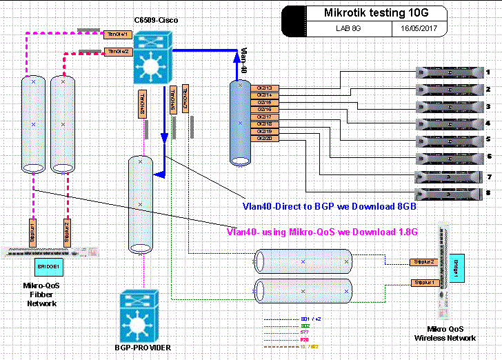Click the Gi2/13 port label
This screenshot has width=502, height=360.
click(x=264, y=88)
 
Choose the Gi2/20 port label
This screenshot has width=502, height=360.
click(x=264, y=139)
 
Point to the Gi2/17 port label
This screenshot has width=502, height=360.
click(x=264, y=117)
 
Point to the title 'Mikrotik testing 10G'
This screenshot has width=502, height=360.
click(x=375, y=13)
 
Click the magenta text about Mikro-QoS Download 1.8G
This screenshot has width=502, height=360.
click(x=322, y=232)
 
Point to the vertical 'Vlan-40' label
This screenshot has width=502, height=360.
click(x=244, y=61)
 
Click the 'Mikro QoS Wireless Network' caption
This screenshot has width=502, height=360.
click(x=445, y=333)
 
